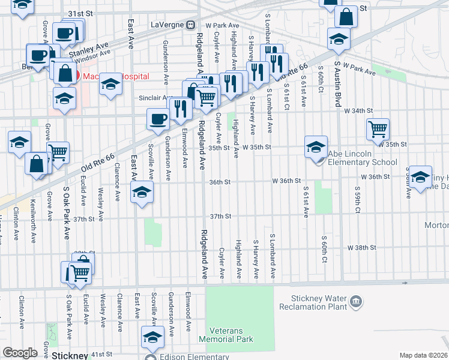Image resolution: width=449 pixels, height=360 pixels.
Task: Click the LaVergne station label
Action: pos(167,25)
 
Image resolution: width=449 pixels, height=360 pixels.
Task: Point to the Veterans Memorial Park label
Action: pos(231,335)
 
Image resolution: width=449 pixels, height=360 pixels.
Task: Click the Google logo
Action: pos(20,353)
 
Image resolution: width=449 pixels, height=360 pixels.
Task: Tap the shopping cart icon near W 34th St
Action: pos(378,128)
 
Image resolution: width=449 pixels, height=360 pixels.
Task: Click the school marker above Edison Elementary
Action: pos(152,337)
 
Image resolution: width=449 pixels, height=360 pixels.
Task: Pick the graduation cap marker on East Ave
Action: pos(141,192)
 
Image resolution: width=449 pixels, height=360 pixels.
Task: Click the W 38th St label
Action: pos(361,247)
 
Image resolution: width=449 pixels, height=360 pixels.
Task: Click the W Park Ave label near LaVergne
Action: pos(222,25)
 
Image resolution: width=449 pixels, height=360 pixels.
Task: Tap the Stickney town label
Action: pos(70,355)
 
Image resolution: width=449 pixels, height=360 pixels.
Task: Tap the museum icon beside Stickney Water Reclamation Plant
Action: pos(356,301)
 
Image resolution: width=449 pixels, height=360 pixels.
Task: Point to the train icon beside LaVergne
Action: pos(190,25)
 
